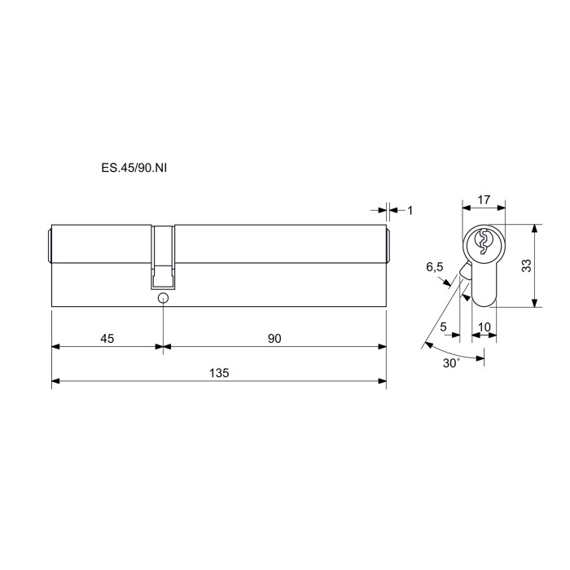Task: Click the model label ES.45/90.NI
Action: point(134,168)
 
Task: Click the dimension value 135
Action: point(219,373)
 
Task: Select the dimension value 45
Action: point(107,339)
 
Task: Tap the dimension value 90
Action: point(274,339)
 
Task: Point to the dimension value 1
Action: point(410,210)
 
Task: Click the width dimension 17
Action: point(484,199)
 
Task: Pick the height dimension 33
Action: point(527,265)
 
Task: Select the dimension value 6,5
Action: point(435,267)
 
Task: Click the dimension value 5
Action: point(443,327)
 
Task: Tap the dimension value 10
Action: point(484,327)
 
